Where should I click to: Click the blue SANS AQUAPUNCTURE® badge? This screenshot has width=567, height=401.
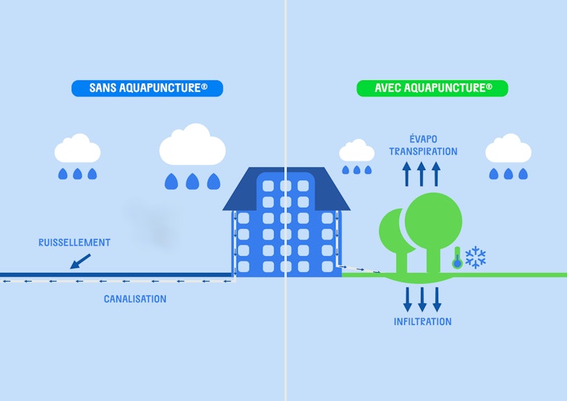pos(147,88)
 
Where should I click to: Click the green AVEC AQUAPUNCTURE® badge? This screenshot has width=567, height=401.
pos(432,88)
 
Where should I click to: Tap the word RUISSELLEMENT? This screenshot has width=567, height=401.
pos(74,242)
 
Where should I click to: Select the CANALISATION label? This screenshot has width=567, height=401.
pos(135,299)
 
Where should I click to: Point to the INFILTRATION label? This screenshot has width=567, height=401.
pos(422,321)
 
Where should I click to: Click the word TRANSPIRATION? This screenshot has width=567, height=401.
pos(423,151)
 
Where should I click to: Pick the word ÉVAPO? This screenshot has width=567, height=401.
pos(423,139)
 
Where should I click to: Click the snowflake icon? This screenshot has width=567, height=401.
pos(475,258)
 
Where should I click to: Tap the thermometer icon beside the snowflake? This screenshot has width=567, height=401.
pos(457,258)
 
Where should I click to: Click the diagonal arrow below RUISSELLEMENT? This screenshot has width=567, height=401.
pos(80,261)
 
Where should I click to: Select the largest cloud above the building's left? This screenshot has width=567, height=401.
pos(192,145)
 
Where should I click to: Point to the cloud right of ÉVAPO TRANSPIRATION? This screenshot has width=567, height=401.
pos(508,149)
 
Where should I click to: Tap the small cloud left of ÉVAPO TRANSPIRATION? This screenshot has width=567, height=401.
pos(357,151)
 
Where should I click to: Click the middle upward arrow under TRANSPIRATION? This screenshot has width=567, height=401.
pos(421,174)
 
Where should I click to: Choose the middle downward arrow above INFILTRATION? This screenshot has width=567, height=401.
pos(422,299)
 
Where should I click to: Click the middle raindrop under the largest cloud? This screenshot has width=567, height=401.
pos(192,182)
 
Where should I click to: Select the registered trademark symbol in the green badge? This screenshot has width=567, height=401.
pos(490,86)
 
